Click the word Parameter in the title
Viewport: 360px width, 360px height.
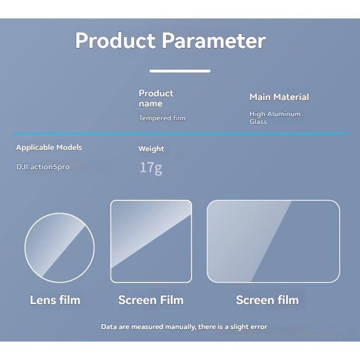coord(214,40)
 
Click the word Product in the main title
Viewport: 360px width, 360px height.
coord(115,40)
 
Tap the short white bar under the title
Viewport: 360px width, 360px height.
coord(180,71)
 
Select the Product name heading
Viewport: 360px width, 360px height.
coord(156,98)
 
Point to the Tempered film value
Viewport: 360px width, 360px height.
coord(162,118)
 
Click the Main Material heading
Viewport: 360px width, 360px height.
coord(279,97)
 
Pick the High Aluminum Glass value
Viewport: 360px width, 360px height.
coord(275,118)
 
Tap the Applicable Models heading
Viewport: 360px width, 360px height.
coord(49,147)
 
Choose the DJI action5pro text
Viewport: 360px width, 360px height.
coord(43,167)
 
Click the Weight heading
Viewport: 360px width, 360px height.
coord(151,149)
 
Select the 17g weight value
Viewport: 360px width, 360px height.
coord(151,168)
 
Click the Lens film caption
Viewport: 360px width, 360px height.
coord(55,300)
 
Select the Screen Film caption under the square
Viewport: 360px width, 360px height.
coord(151,300)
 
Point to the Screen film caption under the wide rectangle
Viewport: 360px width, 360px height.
coord(267,300)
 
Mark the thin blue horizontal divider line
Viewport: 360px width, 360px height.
coord(180,133)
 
